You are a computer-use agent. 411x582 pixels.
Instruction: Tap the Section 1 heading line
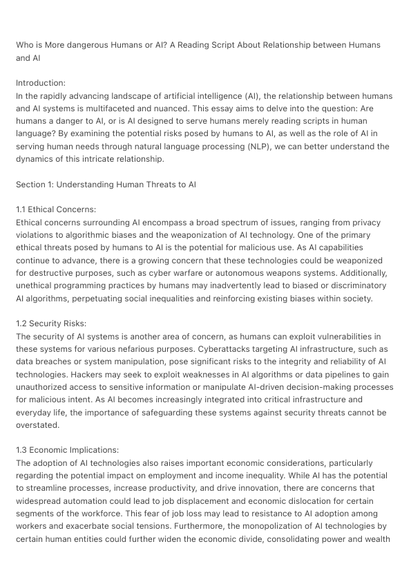pyautogui.click(x=106, y=185)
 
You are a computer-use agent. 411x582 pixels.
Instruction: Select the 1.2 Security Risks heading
pyautogui.click(x=51, y=323)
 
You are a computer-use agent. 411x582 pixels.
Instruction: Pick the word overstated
pyautogui.click(x=39, y=426)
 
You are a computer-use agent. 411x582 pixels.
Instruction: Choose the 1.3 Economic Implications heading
pyautogui.click(x=66, y=451)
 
